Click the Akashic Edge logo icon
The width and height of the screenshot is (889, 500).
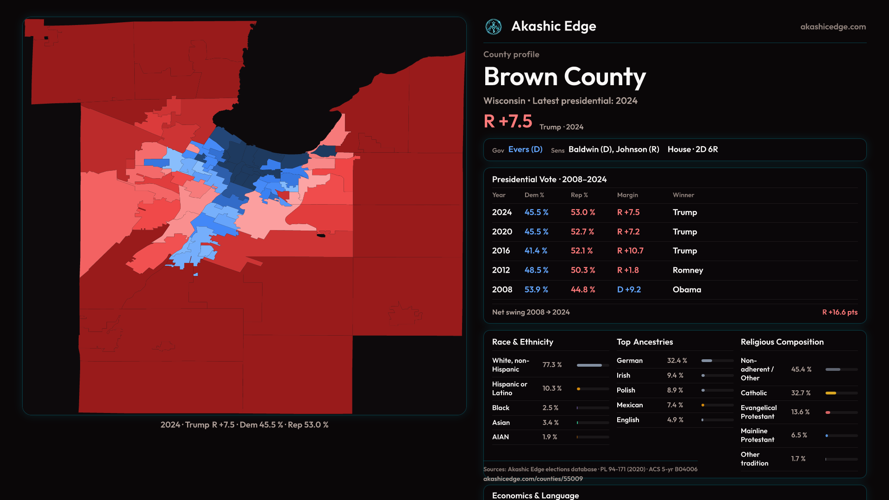493,27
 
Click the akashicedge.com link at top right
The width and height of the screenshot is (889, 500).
833,27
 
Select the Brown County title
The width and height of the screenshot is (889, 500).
564,77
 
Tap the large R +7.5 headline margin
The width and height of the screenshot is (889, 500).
508,122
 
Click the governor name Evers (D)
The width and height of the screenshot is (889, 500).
525,150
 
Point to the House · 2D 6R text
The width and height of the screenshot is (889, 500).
692,150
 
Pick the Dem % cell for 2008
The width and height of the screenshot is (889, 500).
536,290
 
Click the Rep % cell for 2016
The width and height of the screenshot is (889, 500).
581,251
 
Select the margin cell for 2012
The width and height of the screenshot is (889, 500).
627,270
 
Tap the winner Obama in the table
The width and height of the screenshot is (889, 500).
687,290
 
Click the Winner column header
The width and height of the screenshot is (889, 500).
683,195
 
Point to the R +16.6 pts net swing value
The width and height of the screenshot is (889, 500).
839,312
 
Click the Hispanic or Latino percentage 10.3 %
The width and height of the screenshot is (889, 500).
552,388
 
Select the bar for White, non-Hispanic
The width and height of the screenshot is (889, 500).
589,365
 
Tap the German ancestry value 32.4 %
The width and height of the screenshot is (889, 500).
676,361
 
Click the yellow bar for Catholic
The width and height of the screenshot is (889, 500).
831,393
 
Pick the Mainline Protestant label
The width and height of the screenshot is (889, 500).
757,435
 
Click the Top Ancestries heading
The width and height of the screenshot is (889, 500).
645,342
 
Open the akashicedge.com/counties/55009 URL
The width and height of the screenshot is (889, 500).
533,479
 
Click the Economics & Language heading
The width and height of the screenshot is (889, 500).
535,495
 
